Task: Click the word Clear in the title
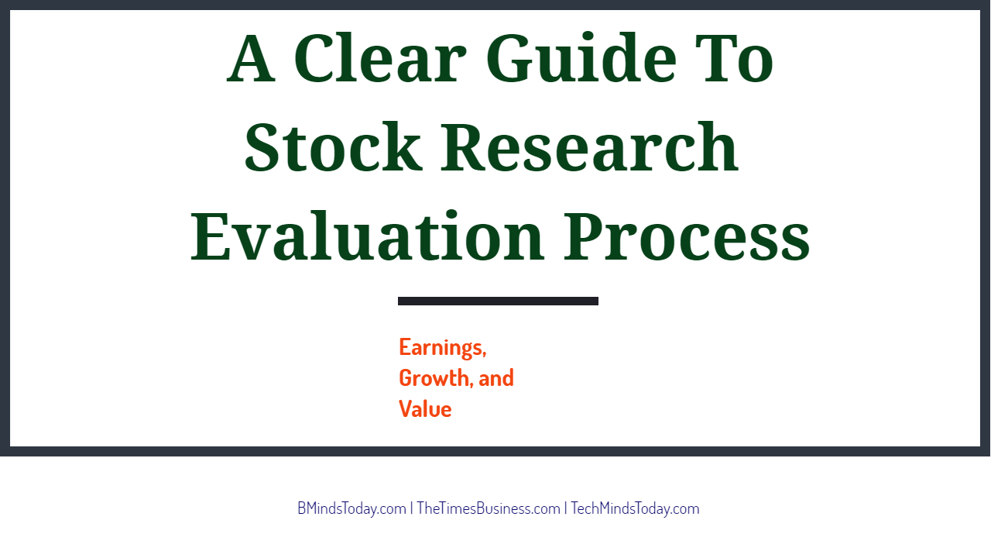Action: (380, 58)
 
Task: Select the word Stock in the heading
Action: (333, 146)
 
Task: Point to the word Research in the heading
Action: (589, 146)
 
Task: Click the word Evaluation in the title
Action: (367, 235)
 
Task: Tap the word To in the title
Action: (734, 58)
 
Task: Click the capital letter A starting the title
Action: (251, 58)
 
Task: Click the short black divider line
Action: (498, 301)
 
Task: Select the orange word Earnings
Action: (441, 348)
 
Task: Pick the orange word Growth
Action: (433, 377)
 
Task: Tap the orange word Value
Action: (425, 408)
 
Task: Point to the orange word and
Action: (496, 377)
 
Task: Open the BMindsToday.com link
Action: (351, 508)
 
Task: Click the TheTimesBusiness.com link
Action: (489, 508)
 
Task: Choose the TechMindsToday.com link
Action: (635, 508)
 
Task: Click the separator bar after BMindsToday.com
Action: (412, 508)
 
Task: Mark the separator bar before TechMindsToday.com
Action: (565, 508)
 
